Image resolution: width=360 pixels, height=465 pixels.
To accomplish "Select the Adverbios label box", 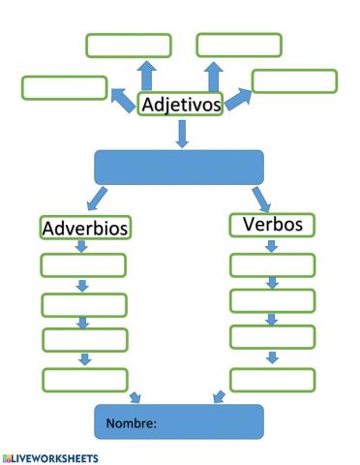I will tap(86, 228).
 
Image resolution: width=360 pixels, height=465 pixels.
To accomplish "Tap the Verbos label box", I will tap(272, 225).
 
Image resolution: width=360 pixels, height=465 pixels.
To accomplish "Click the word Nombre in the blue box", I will tap(132, 422).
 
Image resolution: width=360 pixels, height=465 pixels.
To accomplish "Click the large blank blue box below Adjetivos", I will tap(179, 167).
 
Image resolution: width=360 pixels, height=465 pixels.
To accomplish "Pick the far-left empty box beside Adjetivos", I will tap(64, 87).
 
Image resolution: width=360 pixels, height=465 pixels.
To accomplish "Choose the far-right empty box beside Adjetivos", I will tap(294, 81).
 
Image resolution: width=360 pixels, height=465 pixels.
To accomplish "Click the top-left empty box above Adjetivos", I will tap(128, 46).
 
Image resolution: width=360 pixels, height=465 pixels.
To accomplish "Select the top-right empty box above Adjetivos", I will tap(239, 45).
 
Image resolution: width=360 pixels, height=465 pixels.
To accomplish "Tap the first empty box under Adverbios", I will tap(83, 265).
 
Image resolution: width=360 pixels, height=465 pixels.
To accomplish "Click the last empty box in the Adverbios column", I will tap(83, 378).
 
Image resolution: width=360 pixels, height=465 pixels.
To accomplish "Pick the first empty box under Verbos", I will tap(272, 264).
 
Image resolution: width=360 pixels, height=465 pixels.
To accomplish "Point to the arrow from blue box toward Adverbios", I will tap(97, 200).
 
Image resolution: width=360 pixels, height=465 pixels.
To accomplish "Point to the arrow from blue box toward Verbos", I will tap(260, 198).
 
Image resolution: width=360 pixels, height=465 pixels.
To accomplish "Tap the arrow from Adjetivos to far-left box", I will tap(123, 100).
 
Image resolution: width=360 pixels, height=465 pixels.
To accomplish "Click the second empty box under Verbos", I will tap(272, 300).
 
